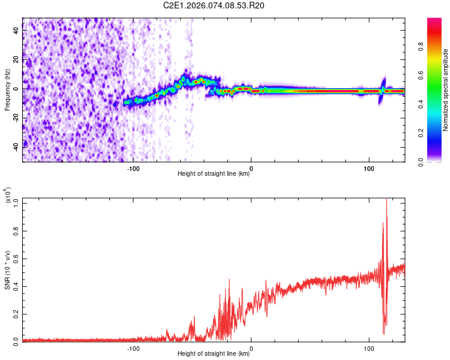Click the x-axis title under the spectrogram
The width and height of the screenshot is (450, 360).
214,174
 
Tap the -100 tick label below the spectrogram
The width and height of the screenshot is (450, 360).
133,167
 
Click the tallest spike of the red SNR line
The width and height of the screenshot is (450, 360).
386,200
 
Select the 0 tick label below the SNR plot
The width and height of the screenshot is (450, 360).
251,348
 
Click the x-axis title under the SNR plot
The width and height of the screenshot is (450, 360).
214,354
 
